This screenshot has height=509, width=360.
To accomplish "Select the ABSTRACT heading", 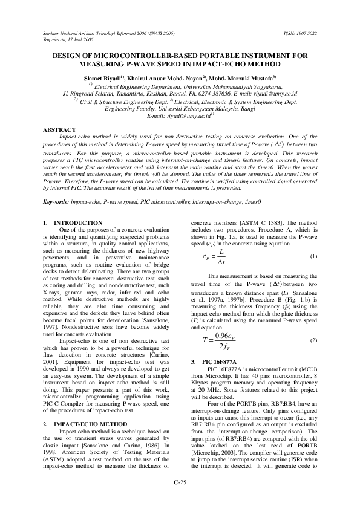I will pos(59,130).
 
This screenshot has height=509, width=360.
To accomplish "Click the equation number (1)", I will pos(313,256).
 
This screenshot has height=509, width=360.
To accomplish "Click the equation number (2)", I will pos(313,324).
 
